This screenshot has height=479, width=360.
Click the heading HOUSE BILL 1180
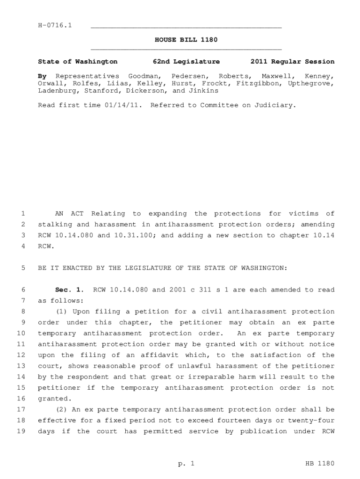[x=186, y=40]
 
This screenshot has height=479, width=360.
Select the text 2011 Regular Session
[x=292, y=61]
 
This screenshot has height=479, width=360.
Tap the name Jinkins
[x=204, y=91]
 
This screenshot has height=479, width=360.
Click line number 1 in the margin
[x=22, y=214]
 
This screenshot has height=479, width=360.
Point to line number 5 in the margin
[x=22, y=268]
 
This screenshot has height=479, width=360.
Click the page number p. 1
[x=186, y=464]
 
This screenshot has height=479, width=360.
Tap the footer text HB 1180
[x=319, y=464]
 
